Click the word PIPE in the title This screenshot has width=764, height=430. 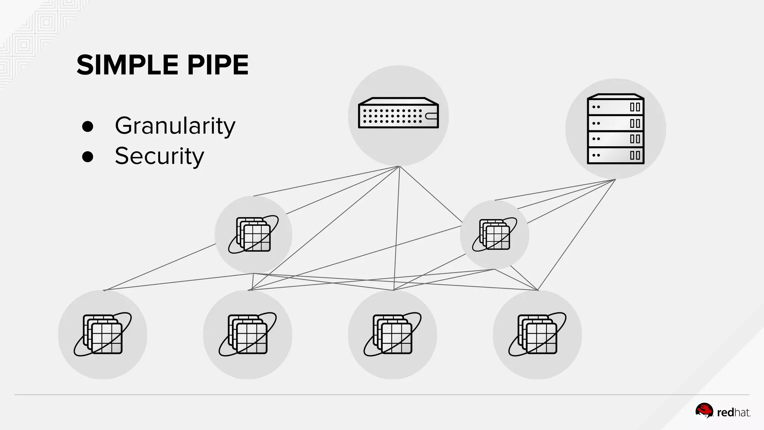pyautogui.click(x=217, y=65)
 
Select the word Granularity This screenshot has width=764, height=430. pyautogui.click(x=175, y=126)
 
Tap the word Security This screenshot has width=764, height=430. pyautogui.click(x=159, y=156)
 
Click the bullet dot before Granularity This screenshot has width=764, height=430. pyautogui.click(x=88, y=127)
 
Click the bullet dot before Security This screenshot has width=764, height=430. pyautogui.click(x=88, y=157)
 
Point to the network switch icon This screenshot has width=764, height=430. pyautogui.click(x=398, y=113)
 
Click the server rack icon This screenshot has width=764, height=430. pyautogui.click(x=616, y=129)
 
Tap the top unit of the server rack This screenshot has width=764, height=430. pyautogui.click(x=616, y=107)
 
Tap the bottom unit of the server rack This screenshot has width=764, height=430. pyautogui.click(x=616, y=155)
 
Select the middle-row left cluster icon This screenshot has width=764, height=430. pyautogui.click(x=253, y=234)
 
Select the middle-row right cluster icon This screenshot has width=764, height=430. pyautogui.click(x=495, y=234)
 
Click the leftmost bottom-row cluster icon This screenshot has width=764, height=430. pyautogui.click(x=103, y=334)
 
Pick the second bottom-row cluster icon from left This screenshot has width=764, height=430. pyautogui.click(x=248, y=334)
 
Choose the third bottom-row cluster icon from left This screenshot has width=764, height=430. pyautogui.click(x=392, y=334)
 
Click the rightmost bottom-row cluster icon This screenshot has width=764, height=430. pyautogui.click(x=537, y=334)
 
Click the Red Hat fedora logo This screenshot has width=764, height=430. pyautogui.click(x=704, y=411)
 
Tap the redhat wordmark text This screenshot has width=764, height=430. pyautogui.click(x=733, y=413)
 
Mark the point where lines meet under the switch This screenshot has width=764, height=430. pyautogui.click(x=399, y=166)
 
